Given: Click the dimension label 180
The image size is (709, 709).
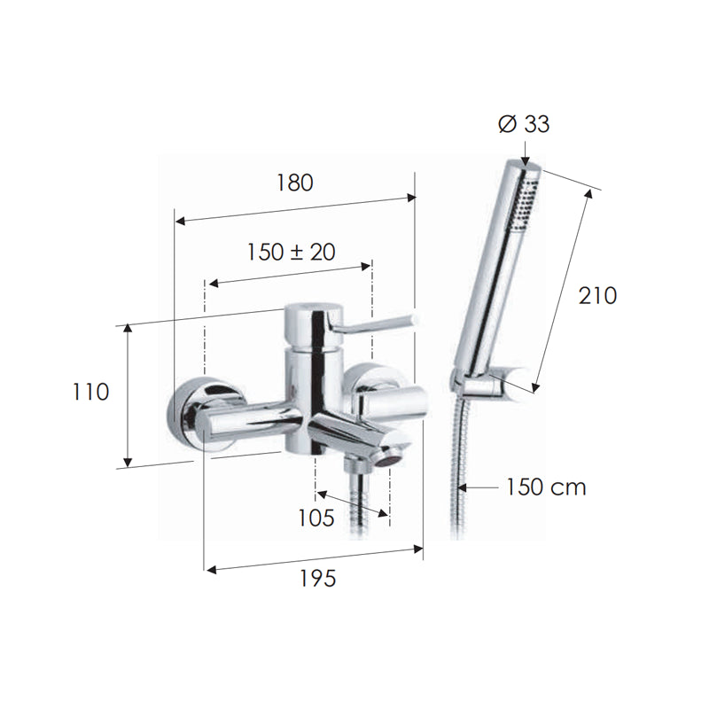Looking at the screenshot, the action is coord(294,183).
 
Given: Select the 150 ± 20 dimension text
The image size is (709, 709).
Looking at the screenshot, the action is coord(292,253).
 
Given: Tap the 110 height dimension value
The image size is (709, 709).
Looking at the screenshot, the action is coord(91,392).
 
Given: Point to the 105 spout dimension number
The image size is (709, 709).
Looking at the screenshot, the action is coord(316,518).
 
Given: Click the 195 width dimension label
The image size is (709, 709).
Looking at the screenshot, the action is coord(318,579).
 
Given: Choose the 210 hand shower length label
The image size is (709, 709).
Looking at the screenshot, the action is coord(597,296).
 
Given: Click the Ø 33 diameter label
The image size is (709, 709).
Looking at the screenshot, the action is coord(524,124).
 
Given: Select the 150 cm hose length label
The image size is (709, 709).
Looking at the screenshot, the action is coord(546,487).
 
